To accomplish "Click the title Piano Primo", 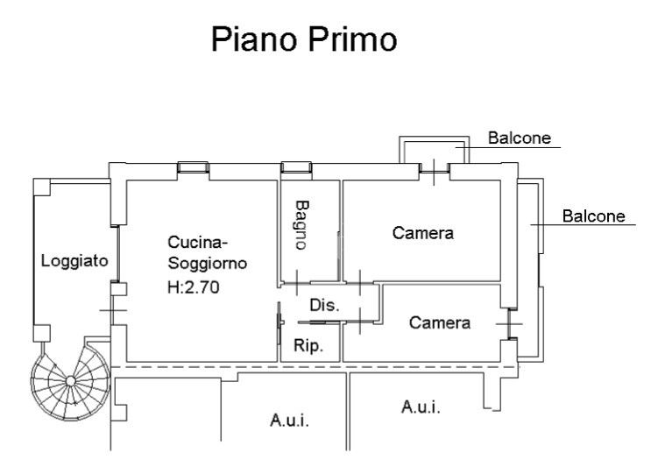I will click(304, 40).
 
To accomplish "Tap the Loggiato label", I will click(74, 260).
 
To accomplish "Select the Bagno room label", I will click(301, 225).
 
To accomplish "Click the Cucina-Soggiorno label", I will click(207, 252).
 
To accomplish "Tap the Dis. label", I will click(323, 306).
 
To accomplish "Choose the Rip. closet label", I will click(308, 345).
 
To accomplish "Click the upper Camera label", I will click(423, 233).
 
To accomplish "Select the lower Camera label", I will click(440, 323).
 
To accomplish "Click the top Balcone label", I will click(520, 138).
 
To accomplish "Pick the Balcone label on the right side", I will click(593, 216).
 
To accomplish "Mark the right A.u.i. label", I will click(421, 407).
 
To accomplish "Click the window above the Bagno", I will click(295, 167).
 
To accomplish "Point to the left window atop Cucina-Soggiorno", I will click(193, 167).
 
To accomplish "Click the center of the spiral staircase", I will click(70, 381).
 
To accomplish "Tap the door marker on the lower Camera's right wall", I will click(508, 323).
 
